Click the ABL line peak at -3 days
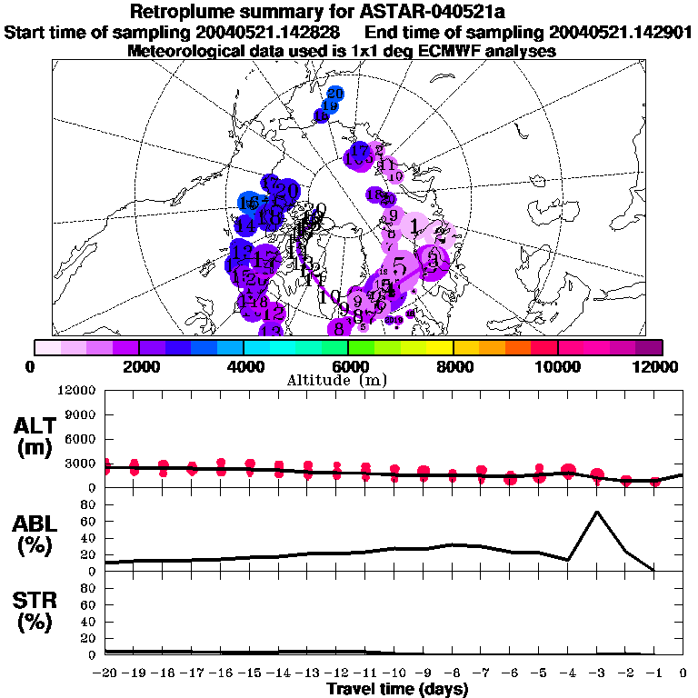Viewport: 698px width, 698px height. [596, 512]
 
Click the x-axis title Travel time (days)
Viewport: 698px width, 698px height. [397, 690]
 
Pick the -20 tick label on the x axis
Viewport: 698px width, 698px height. [106, 673]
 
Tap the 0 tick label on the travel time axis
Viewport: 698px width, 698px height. [683, 673]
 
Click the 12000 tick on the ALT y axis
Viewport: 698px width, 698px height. [76, 390]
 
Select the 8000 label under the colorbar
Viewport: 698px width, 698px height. [453, 365]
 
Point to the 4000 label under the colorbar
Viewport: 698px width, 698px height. [244, 365]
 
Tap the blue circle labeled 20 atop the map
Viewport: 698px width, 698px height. [334, 94]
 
